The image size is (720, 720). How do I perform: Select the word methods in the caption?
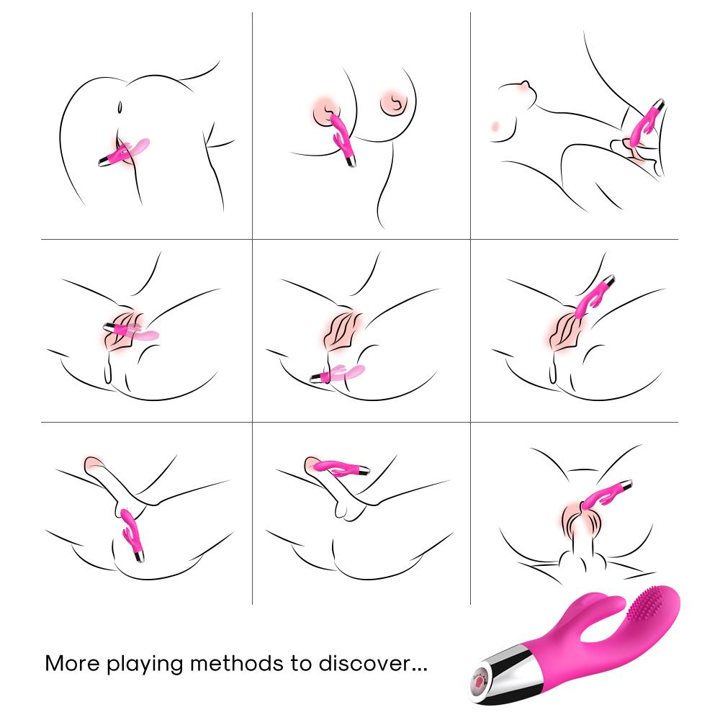tap(237, 663)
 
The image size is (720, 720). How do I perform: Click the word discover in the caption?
tap(357, 663)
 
